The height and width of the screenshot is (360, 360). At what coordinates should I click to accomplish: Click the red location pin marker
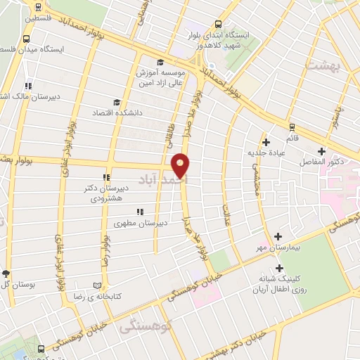(x=181, y=166)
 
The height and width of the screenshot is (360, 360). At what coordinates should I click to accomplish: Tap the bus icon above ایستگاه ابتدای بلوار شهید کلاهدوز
(x=219, y=23)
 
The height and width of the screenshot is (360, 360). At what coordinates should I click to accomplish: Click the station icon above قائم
(x=292, y=127)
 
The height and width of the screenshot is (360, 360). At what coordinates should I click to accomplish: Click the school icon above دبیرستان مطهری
(x=139, y=211)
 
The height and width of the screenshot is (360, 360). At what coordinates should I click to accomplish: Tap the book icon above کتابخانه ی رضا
(x=97, y=285)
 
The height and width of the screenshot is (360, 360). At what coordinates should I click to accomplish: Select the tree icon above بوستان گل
(x=6, y=274)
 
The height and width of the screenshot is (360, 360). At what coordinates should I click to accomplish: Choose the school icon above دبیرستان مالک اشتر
(x=28, y=84)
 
